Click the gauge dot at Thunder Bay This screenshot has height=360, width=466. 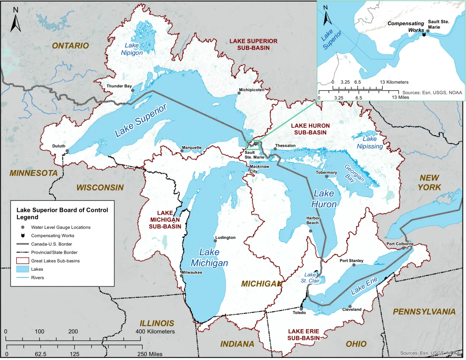(132, 90)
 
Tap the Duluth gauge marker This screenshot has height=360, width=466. (67, 151)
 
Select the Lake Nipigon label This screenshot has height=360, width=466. (131, 49)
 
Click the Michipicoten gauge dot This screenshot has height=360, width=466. (239, 93)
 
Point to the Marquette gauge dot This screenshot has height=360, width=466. (182, 151)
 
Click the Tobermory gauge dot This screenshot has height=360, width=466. (327, 176)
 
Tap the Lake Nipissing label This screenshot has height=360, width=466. (370, 143)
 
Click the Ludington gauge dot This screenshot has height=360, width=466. (215, 241)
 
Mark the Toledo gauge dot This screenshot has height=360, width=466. (301, 309)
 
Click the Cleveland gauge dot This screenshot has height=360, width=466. (350, 306)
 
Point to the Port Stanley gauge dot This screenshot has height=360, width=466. (354, 265)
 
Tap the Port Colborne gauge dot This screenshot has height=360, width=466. (403, 248)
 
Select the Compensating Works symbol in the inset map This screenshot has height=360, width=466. (424, 35)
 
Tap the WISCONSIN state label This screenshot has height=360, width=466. (100, 188)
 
